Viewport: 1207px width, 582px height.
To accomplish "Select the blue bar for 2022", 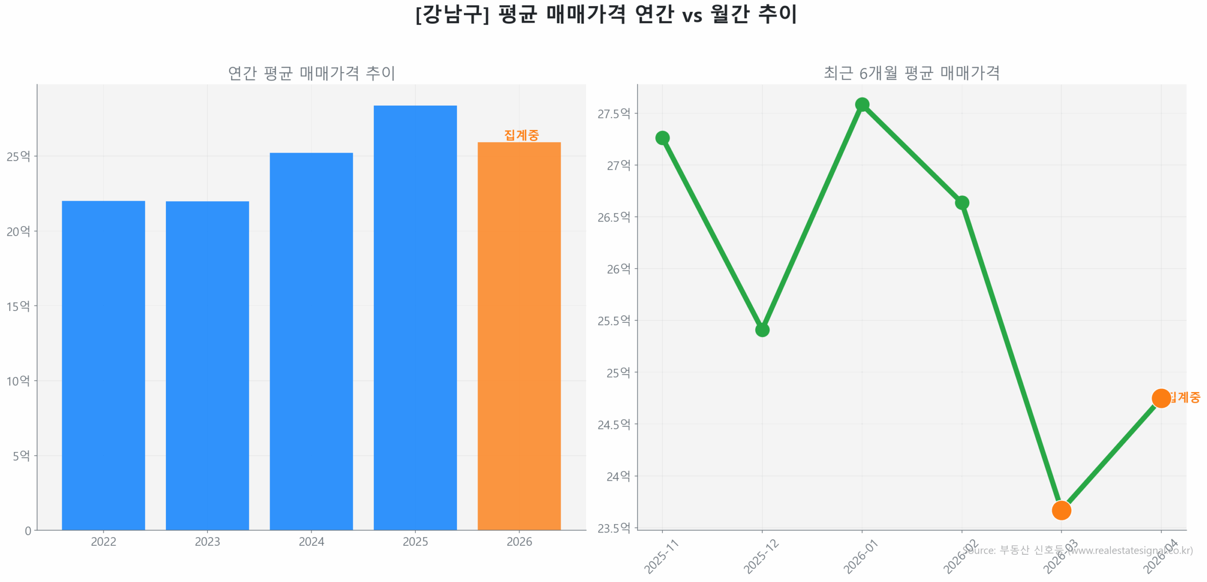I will [x=103, y=365].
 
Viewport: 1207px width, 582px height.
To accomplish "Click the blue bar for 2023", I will [x=207, y=365].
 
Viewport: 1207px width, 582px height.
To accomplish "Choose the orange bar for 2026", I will [x=519, y=336].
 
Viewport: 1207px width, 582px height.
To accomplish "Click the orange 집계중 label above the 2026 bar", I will [x=521, y=135].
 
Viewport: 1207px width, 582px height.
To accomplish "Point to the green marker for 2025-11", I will [x=662, y=138].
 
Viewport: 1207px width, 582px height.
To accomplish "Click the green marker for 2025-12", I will [x=762, y=329].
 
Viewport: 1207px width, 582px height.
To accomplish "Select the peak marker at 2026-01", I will [x=862, y=104].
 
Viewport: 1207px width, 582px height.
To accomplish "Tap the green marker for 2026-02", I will [x=961, y=203].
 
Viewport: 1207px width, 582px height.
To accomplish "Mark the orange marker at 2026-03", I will [x=1061, y=510].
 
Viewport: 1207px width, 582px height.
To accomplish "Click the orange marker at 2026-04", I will [x=1160, y=398].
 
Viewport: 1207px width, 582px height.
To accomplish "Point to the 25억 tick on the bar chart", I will [x=18, y=156].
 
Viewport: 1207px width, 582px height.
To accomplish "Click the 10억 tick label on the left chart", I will [x=18, y=381].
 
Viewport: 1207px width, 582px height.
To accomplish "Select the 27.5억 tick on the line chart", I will [x=613, y=114].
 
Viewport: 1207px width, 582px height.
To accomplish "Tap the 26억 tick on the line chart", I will [x=618, y=269].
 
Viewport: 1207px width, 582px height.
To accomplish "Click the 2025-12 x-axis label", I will [x=761, y=557].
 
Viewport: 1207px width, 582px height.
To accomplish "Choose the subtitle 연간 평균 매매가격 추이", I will [x=311, y=73].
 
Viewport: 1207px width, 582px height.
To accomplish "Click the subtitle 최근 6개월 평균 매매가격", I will [x=911, y=73].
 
